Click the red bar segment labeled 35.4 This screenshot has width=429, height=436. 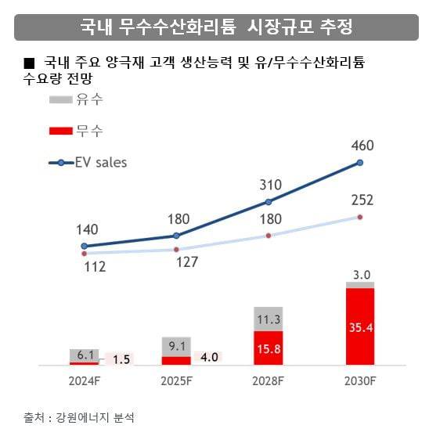pyautogui.click(x=360, y=326)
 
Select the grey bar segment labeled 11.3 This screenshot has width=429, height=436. pyautogui.click(x=268, y=319)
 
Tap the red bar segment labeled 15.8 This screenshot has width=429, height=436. pyautogui.click(x=268, y=348)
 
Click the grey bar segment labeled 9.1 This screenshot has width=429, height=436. pyautogui.click(x=176, y=346)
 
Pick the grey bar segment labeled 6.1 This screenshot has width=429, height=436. pyautogui.click(x=84, y=355)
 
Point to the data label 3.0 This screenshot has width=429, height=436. pyautogui.click(x=360, y=275)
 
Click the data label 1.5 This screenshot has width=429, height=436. pyautogui.click(x=121, y=359)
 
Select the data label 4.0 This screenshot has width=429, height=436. pyautogui.click(x=208, y=358)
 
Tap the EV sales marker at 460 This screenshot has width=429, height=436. pyautogui.click(x=360, y=162)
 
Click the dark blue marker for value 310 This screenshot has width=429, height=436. pyautogui.click(x=268, y=201)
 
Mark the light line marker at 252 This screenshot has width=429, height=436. pyautogui.click(x=360, y=217)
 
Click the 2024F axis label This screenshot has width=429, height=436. pyautogui.click(x=84, y=381)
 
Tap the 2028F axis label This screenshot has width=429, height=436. pyautogui.click(x=268, y=381)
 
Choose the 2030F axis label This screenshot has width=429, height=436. pyautogui.click(x=360, y=381)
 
